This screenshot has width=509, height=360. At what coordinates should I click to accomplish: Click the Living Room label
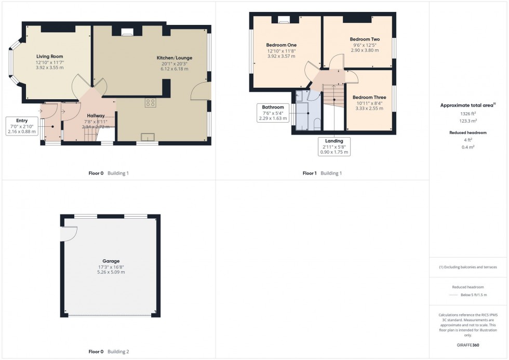[50, 56]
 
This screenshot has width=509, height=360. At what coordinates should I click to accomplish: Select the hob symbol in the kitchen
[151, 103]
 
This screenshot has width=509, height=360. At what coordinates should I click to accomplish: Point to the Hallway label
[96, 115]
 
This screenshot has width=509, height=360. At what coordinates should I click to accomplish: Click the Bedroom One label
[282, 45]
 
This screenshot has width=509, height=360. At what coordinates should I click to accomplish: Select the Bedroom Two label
[364, 39]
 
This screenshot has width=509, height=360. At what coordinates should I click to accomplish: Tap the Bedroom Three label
[369, 97]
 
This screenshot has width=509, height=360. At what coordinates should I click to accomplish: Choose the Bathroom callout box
[273, 113]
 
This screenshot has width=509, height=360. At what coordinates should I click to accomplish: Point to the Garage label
[111, 261]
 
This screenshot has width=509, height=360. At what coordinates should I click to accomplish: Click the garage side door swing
[66, 235]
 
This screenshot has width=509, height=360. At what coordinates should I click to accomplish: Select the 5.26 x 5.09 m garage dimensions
[111, 272]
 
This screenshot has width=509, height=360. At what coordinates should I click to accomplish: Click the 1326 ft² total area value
[468, 113]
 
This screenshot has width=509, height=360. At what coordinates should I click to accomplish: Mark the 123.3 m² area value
[468, 121]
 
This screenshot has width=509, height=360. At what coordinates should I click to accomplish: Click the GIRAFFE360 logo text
[468, 345]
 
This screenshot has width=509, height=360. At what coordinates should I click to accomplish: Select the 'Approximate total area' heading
[467, 105]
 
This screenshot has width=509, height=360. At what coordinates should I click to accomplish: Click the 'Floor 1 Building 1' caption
[322, 173]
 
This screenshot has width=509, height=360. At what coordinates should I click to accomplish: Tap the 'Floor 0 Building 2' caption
[109, 352]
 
